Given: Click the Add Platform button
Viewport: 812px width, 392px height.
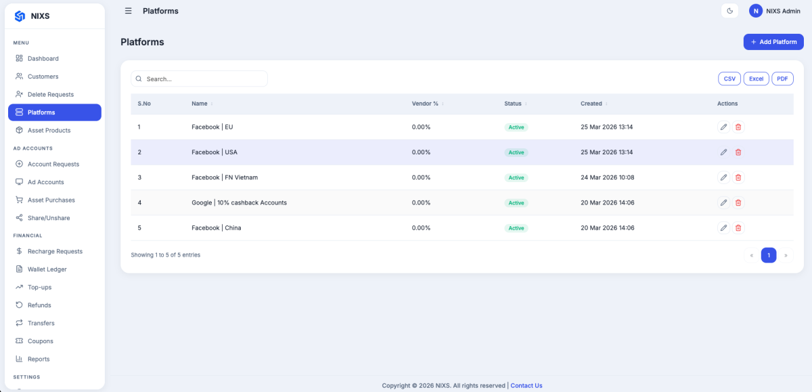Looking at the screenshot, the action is (773, 42).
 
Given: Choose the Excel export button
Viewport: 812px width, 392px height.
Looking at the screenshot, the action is (757, 79).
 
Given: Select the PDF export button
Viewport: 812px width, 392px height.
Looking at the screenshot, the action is (782, 79).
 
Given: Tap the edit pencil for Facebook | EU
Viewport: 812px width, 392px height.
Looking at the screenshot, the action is (723, 127).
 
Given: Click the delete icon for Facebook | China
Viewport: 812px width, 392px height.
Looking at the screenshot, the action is (738, 227).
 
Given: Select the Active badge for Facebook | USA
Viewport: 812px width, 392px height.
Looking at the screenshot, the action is (516, 152).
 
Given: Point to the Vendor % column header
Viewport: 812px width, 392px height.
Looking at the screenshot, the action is (425, 104).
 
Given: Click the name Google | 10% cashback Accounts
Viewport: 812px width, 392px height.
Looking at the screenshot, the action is (240, 202).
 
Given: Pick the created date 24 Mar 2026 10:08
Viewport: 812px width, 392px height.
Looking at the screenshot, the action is (608, 177).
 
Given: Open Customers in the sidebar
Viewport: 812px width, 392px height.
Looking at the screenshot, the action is (43, 77).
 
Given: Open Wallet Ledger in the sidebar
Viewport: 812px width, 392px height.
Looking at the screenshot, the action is (47, 269).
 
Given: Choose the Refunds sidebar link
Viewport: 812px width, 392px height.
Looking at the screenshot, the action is (39, 305).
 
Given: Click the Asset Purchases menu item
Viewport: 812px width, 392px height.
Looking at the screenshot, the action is (51, 200).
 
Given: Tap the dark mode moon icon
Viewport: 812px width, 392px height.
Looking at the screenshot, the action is (729, 11).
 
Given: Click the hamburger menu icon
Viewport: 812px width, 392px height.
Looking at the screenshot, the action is (129, 11).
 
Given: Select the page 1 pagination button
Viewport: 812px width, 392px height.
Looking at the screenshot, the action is (769, 255).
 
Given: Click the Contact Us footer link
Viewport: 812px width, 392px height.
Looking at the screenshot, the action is (526, 385).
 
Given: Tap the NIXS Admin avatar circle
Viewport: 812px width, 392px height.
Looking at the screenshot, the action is (756, 11).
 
